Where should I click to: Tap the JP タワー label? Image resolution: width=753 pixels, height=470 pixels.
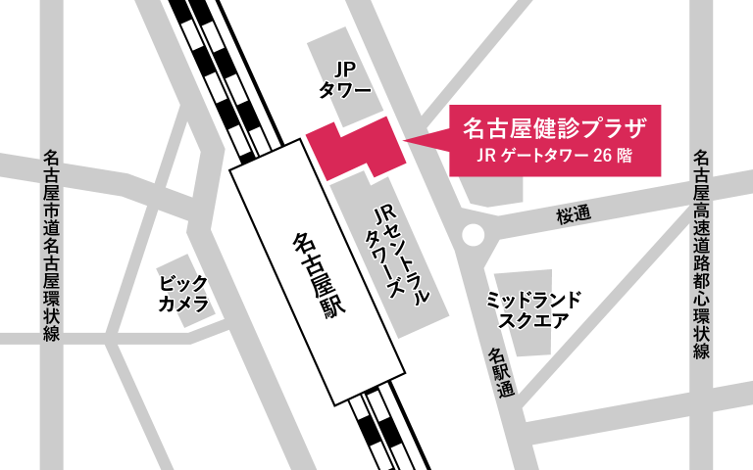(344, 79)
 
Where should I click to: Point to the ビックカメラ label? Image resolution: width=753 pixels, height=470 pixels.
(184, 293)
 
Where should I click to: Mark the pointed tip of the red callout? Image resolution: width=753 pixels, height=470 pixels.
(406, 143)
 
